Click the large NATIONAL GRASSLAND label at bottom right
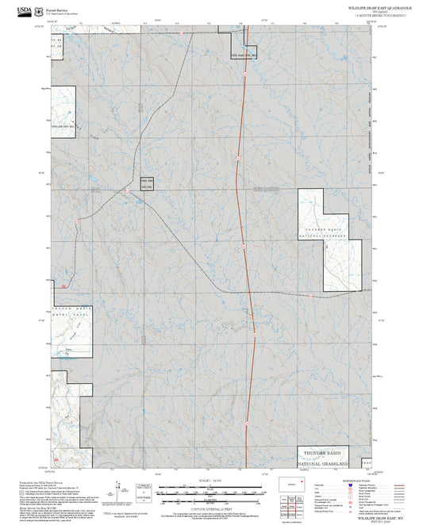328,462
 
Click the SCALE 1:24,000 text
210,481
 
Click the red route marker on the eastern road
310,293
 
